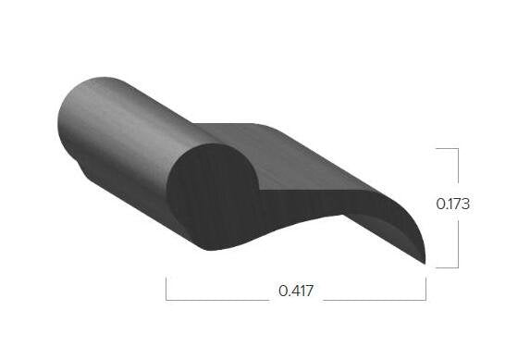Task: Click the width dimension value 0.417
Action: tap(296, 292)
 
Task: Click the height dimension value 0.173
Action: tap(452, 204)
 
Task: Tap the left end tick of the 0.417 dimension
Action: tap(166, 289)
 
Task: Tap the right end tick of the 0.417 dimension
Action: tap(425, 289)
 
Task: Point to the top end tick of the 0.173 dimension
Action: tap(447, 148)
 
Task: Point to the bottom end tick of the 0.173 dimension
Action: tap(447, 267)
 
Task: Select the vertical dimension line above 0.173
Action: tap(458, 167)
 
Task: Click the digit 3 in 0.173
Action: tap(466, 204)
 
